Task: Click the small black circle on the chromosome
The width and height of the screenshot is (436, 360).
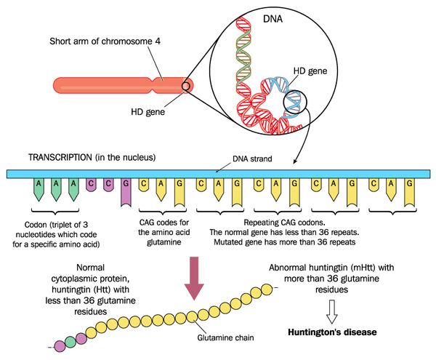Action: pyautogui.click(x=187, y=87)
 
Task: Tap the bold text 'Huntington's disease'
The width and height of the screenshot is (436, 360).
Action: pyautogui.click(x=334, y=332)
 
